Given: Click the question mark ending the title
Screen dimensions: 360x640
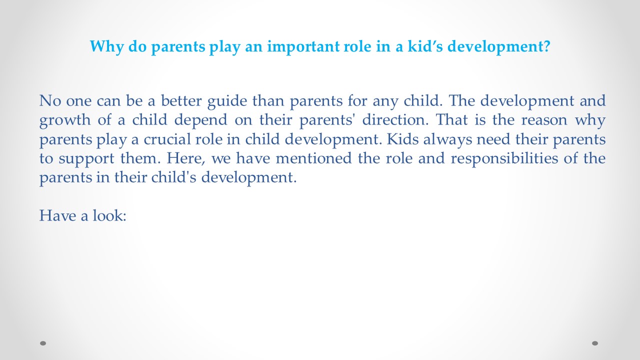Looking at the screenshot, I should click(x=546, y=47).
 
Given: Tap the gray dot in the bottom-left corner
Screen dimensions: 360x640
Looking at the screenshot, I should click(x=43, y=343).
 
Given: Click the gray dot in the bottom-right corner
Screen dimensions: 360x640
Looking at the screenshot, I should click(x=595, y=343).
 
